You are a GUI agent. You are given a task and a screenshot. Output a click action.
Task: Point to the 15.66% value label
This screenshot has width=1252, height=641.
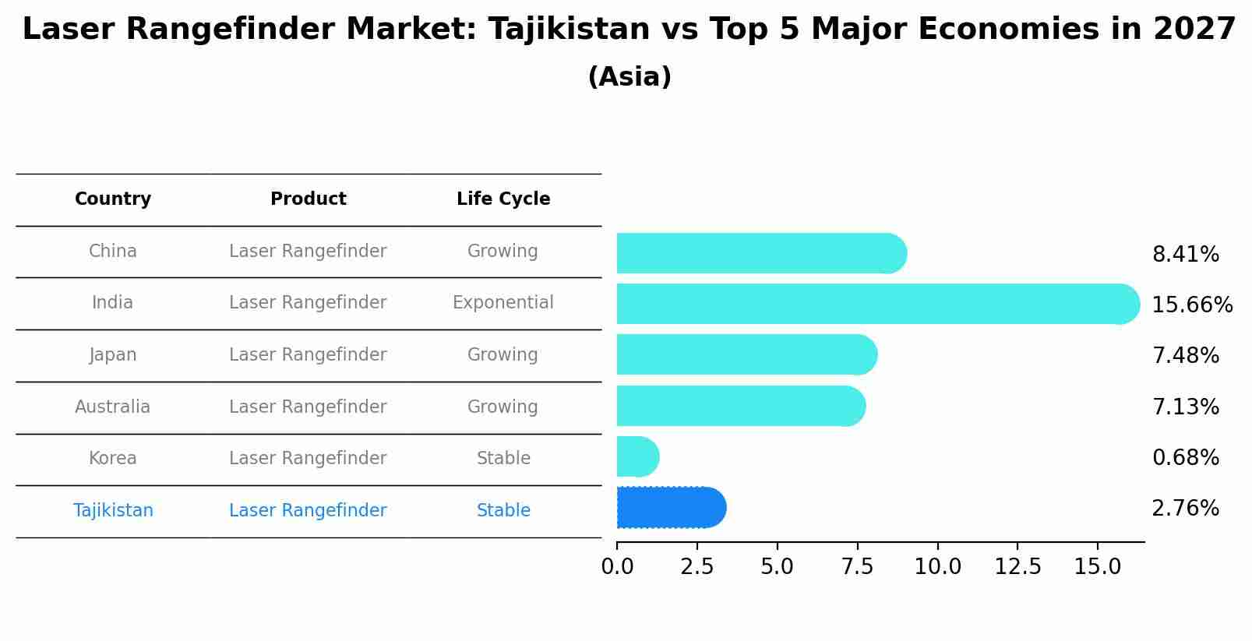click(1191, 305)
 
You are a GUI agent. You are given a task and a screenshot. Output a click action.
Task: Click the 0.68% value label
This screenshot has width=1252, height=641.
click(1185, 457)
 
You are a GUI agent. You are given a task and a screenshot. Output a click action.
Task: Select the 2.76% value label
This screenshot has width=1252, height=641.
click(1185, 509)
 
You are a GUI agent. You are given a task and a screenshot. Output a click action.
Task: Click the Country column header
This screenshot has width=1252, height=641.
click(113, 199)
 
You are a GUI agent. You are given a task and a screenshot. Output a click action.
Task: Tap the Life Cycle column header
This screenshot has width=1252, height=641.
click(503, 199)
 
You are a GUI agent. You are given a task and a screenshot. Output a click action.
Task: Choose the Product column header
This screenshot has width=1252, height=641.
click(308, 199)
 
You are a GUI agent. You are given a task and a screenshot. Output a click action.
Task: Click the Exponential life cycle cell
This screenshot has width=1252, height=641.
click(503, 303)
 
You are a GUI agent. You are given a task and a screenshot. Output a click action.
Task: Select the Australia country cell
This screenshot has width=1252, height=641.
click(113, 407)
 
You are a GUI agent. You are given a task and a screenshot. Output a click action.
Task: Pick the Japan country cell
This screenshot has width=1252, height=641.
click(113, 355)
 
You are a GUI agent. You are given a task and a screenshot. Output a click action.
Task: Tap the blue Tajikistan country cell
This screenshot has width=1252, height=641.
click(113, 511)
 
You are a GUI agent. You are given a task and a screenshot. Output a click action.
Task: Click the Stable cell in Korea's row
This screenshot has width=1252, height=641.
click(503, 459)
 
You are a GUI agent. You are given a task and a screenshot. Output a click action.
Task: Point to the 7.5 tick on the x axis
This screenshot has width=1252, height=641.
click(857, 566)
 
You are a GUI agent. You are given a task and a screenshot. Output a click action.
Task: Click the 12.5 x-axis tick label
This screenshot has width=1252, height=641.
click(1017, 566)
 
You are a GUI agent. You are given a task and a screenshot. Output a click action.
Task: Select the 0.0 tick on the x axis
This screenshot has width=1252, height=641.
click(617, 566)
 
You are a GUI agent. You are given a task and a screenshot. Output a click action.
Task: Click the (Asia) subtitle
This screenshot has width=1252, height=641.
click(630, 77)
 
